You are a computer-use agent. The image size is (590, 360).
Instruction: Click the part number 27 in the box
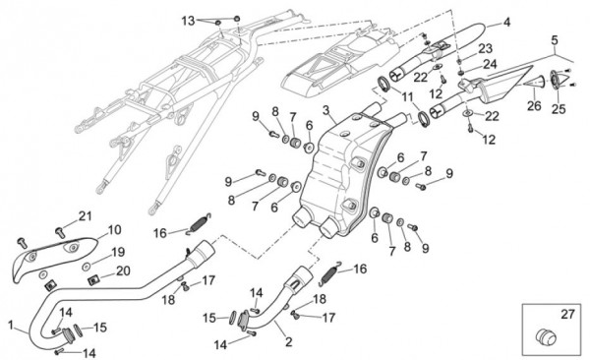pyautogui.click(x=567, y=314)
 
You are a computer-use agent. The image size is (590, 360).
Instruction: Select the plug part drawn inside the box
pyautogui.click(x=546, y=336)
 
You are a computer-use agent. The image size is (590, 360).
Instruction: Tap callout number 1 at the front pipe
pyautogui.click(x=11, y=325)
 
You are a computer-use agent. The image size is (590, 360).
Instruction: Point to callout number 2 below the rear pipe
pyautogui.click(x=288, y=341)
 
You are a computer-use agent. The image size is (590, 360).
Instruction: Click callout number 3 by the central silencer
pyautogui.click(x=325, y=111)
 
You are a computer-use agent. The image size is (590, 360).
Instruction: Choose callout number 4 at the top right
pyautogui.click(x=506, y=23)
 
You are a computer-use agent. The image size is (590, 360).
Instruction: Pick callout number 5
pyautogui.click(x=555, y=40)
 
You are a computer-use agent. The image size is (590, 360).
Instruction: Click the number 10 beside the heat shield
pyautogui.click(x=114, y=229)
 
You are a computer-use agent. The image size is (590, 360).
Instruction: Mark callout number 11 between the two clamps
pyautogui.click(x=407, y=97)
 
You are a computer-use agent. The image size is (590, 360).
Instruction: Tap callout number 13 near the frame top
pyautogui.click(x=188, y=21)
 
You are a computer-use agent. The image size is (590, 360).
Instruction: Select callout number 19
pyautogui.click(x=118, y=253)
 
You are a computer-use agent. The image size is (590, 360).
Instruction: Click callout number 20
pyautogui.click(x=123, y=270)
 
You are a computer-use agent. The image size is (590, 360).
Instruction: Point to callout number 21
pyautogui.click(x=85, y=216)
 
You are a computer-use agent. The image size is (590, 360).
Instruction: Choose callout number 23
pyautogui.click(x=486, y=48)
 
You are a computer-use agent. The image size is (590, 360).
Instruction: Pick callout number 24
pyautogui.click(x=490, y=64)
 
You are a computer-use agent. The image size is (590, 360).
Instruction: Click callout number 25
pyautogui.click(x=559, y=109)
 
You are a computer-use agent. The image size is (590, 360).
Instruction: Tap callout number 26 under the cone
pyautogui.click(x=534, y=106)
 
